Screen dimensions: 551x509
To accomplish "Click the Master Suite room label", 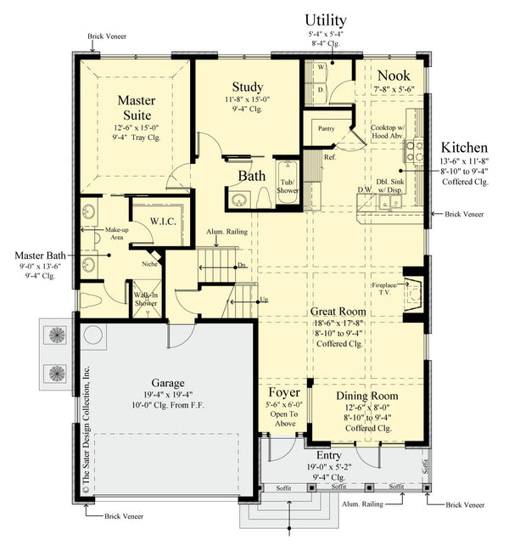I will (x=136, y=108).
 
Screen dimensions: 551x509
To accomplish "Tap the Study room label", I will (x=247, y=87).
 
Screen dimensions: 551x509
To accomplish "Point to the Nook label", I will (x=394, y=75).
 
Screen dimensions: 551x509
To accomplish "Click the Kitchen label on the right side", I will (x=462, y=146).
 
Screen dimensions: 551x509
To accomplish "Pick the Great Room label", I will (x=337, y=312).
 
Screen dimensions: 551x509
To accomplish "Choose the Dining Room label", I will (x=366, y=396).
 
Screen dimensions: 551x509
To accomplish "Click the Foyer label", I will (x=284, y=393).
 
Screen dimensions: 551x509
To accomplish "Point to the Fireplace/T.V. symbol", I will (x=413, y=290).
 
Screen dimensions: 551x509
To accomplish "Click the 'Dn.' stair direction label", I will (x=242, y=265).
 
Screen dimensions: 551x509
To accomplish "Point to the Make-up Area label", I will (x=115, y=234).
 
